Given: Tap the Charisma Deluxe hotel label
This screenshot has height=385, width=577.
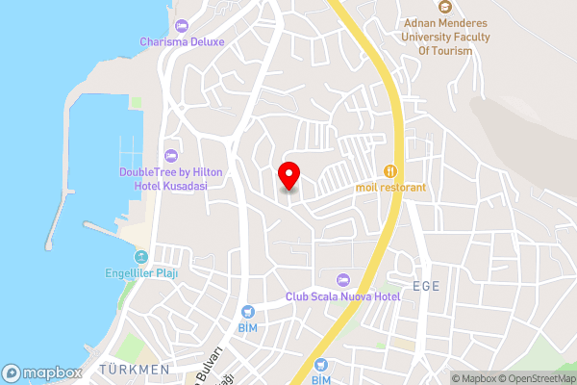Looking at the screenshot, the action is point(182,41).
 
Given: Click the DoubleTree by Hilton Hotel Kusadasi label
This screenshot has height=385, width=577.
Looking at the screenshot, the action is point(171,178).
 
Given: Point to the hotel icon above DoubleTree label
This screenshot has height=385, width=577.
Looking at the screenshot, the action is point(171,155).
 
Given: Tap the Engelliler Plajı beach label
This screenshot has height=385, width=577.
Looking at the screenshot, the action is point(142,272).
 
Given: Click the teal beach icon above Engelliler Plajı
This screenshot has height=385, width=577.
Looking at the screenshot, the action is point(141,257).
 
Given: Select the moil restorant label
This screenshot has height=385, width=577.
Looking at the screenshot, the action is point(389,187).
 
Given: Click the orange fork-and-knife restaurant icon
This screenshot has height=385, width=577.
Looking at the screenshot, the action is point(389,170).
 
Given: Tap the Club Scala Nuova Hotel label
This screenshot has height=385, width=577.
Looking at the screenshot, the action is point(342,297).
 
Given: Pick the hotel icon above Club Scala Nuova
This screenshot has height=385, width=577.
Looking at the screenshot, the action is point(342,279).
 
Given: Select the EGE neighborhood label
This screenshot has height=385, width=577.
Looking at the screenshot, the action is point(425,286).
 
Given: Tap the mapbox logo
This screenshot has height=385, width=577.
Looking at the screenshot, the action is point(41,372).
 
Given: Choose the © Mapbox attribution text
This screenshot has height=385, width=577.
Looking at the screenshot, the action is point(475,378).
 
